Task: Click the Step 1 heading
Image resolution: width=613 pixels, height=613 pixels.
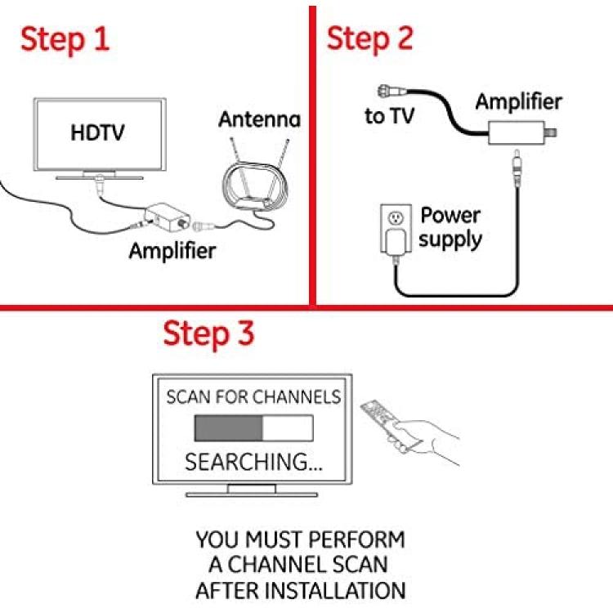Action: [65, 40]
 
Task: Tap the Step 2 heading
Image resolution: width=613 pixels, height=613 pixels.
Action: [369, 39]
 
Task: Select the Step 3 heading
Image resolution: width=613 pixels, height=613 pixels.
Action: [208, 333]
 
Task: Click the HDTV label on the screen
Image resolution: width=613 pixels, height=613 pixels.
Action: [98, 132]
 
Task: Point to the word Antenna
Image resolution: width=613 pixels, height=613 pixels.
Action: [260, 119]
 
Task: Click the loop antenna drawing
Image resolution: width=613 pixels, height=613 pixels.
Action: [254, 184]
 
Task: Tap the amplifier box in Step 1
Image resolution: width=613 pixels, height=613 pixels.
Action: [167, 217]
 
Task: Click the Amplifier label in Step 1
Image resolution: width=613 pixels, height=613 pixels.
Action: [172, 251]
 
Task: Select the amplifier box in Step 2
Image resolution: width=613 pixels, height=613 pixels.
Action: [517, 133]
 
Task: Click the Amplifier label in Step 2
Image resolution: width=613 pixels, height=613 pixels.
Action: [519, 101]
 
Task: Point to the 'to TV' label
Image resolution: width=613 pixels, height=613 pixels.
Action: [389, 116]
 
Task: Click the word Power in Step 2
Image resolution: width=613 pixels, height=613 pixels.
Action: [450, 216]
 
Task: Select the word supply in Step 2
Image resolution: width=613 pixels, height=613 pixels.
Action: [450, 239]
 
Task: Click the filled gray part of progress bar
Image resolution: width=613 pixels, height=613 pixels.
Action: [229, 428]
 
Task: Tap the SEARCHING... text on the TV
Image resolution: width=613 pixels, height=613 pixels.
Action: [253, 462]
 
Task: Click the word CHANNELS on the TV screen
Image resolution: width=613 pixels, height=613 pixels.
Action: [298, 396]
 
